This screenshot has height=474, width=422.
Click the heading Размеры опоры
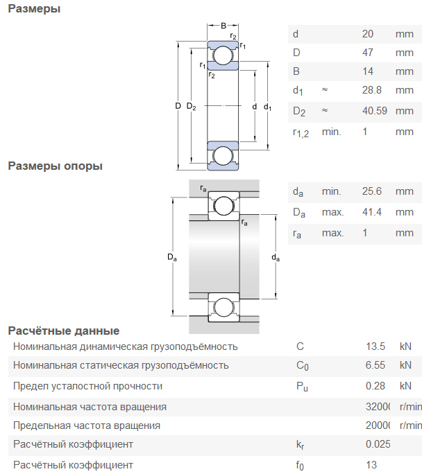point(55,166)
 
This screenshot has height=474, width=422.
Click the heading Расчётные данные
point(63,331)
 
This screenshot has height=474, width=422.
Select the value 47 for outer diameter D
point(368,53)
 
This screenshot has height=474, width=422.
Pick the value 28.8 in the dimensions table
point(372,90)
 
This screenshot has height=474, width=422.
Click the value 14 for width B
point(368,71)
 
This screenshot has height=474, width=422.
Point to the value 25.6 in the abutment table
point(372,191)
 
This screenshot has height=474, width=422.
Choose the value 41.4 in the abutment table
point(372,212)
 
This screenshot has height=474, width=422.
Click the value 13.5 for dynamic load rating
point(375,346)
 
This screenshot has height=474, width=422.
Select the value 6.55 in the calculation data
point(375,365)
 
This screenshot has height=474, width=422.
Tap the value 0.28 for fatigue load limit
point(375,386)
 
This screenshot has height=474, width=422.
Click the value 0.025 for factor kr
point(378,444)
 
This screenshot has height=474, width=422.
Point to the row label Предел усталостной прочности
point(87,386)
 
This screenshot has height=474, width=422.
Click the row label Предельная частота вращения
point(87,425)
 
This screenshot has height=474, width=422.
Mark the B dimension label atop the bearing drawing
point(223,26)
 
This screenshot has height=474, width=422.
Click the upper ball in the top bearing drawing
point(223,55)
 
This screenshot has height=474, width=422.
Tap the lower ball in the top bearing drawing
point(223,155)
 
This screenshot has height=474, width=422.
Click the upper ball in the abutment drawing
point(223,205)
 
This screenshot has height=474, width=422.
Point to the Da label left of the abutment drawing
point(172,258)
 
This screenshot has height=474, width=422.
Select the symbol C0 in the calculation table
point(302,366)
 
